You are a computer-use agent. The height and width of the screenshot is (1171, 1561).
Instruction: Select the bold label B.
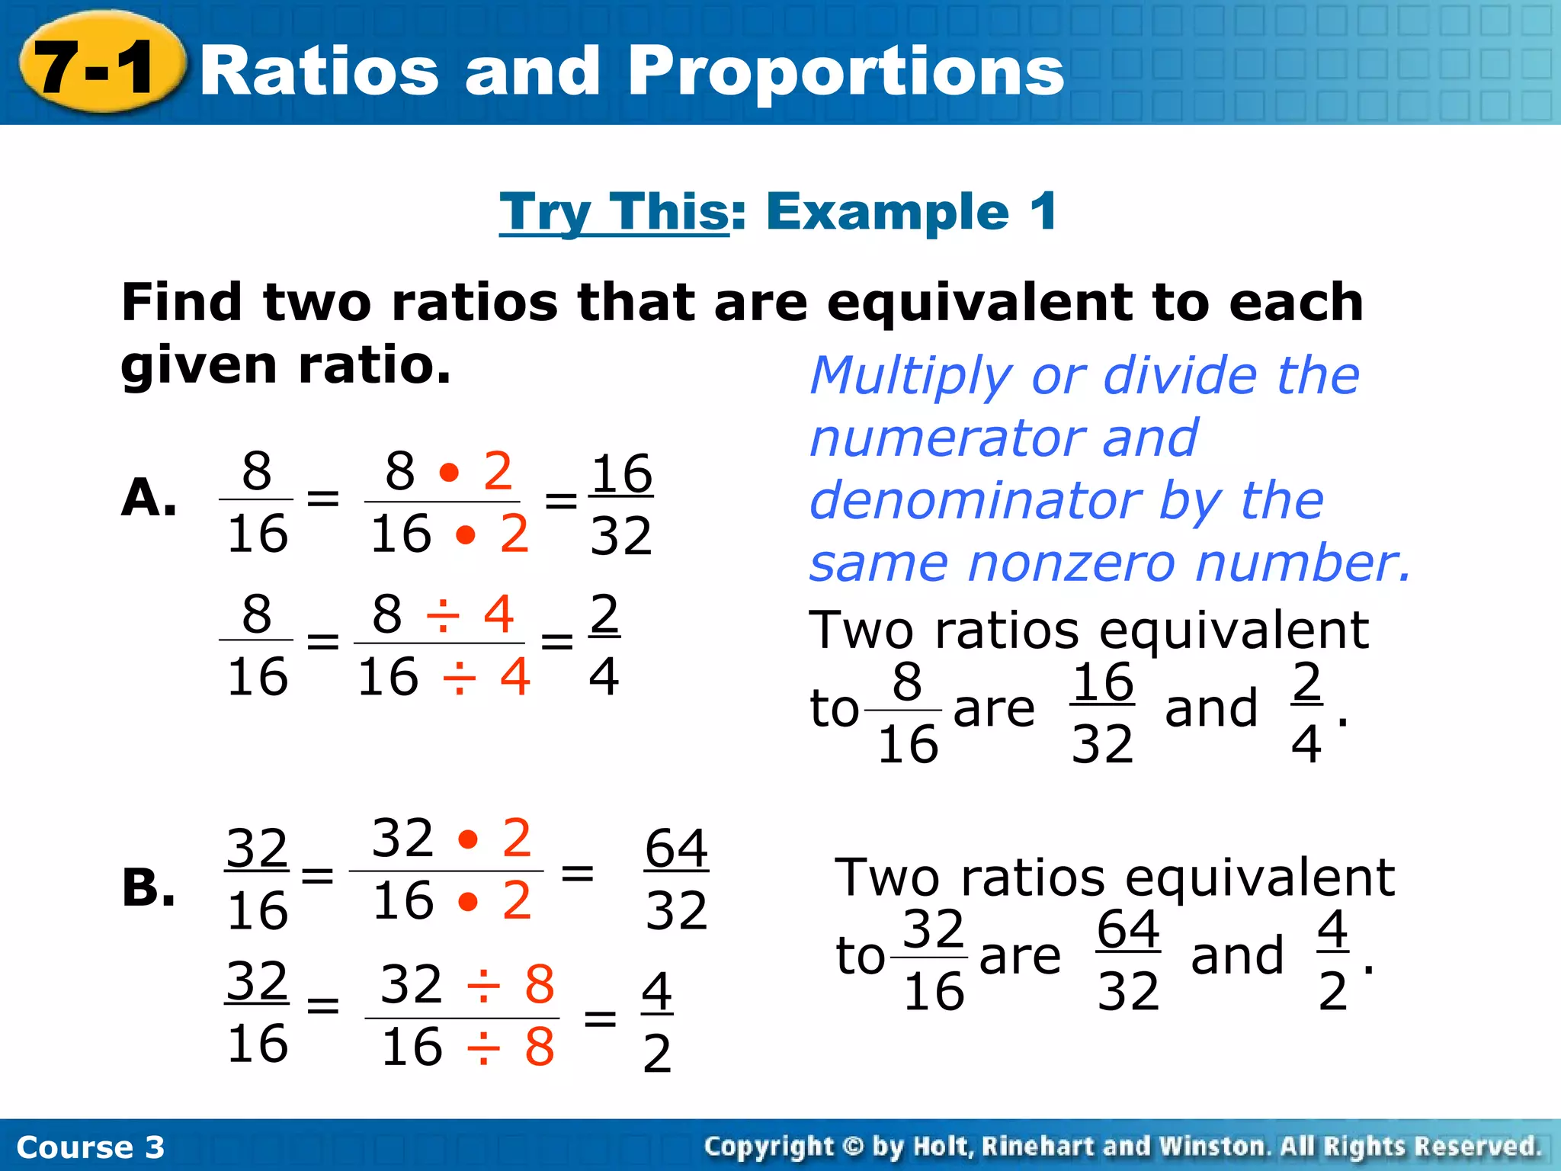[x=149, y=888]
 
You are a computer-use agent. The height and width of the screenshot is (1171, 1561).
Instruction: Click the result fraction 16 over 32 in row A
[x=621, y=504]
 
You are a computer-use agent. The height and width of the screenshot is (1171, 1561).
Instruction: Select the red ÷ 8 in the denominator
[x=510, y=1046]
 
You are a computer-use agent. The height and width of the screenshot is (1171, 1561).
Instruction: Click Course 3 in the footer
[x=90, y=1147]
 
